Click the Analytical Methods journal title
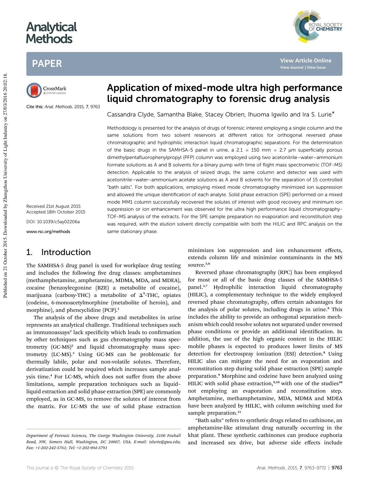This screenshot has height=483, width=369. coord(51,33)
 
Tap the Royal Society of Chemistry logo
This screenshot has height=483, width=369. coord(318,27)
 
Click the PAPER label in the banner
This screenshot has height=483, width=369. coord(47,64)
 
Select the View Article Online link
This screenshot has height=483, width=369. coord(305,60)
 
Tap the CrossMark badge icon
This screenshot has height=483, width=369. coord(34,90)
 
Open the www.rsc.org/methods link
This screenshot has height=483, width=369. coord(48,232)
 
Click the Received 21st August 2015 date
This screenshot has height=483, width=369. coord(53,206)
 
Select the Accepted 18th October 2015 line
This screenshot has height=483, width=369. coord(56,212)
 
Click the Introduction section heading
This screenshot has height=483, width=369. coord(66,252)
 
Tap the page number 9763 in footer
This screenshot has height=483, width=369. coord(337,468)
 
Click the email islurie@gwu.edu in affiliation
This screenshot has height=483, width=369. coord(168,442)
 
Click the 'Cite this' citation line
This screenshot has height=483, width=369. coord(63,107)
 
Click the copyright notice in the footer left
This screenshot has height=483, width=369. coord(80,468)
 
